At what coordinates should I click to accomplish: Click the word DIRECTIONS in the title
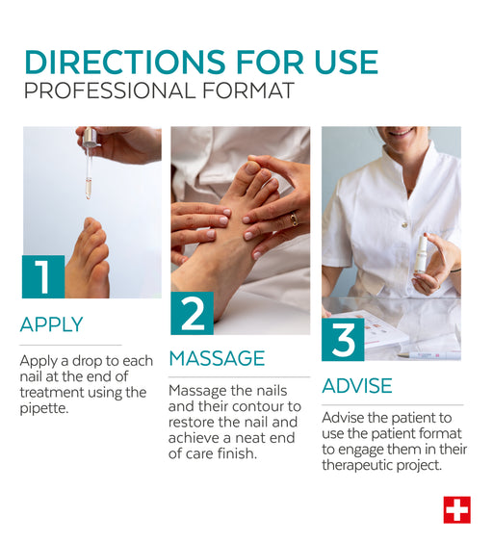pos(125,62)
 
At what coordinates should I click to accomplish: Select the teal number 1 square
pos(43,276)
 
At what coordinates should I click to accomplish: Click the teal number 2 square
pos(193,313)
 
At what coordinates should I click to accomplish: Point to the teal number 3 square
pos(343,340)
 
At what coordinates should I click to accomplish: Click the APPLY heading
pos(51,324)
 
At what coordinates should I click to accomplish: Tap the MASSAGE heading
pos(217,358)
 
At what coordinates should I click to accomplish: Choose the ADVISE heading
pos(357,386)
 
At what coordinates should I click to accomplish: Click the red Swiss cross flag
pos(456,510)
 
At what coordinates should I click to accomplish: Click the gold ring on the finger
pos(294,219)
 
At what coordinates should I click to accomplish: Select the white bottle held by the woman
pos(422,255)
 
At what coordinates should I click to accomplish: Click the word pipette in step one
pos(44,408)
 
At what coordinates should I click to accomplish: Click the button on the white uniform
pos(403,225)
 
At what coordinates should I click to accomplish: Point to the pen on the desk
pos(428,355)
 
